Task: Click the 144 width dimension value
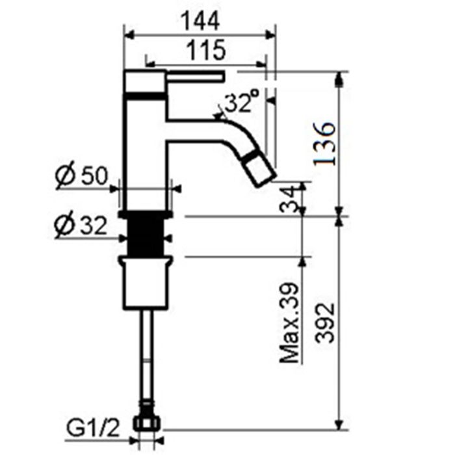[x=200, y=21]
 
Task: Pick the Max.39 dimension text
[x=291, y=322]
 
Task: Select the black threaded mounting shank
[x=147, y=236]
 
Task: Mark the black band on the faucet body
[x=146, y=96]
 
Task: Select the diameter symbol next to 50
[x=64, y=175]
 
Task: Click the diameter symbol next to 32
[x=64, y=226]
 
